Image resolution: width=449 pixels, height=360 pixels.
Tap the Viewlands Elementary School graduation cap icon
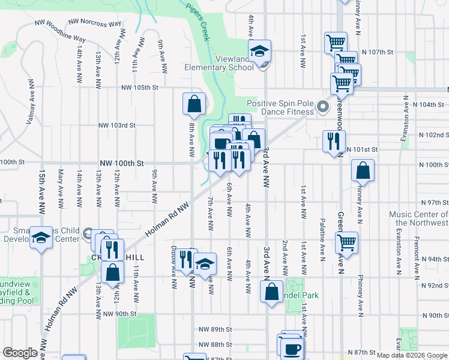tap(260, 52)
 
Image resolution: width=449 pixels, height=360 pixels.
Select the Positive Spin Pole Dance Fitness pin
tap(323, 107)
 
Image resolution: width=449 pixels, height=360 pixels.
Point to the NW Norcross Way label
tap(94, 23)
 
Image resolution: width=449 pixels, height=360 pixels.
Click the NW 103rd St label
tap(117, 125)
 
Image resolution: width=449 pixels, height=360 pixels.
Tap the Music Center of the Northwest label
tap(419, 218)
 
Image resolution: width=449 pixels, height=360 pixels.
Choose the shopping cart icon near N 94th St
tap(346, 242)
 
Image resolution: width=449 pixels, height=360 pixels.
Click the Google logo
tap(20, 353)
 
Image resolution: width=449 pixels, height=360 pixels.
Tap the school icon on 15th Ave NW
tap(41, 238)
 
